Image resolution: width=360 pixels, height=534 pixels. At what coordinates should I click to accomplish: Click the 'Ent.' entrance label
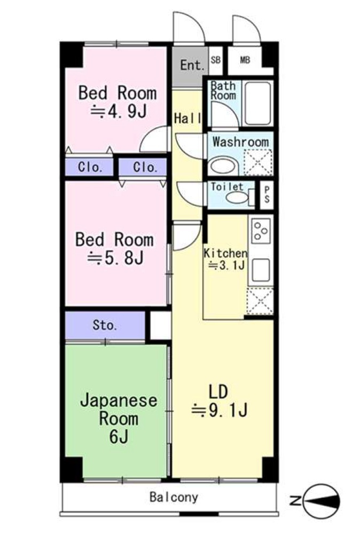pos(192,66)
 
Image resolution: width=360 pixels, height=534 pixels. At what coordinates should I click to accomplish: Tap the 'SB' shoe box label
pos(216,60)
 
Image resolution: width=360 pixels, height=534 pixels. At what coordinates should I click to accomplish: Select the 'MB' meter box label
pos(245,60)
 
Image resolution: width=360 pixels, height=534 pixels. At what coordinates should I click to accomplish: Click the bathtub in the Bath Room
pos(258,103)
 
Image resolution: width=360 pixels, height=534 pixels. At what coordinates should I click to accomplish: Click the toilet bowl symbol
pos(237,198)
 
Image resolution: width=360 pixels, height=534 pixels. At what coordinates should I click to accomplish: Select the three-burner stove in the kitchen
pos(261,230)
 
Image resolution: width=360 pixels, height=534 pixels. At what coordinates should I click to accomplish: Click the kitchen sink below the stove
pos(261,270)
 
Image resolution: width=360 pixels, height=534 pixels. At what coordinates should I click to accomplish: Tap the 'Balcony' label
pos(174,498)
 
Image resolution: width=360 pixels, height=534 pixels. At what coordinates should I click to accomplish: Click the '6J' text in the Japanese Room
pos(119,437)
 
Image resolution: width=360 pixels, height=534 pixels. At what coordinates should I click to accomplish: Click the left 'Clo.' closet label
pos(90,167)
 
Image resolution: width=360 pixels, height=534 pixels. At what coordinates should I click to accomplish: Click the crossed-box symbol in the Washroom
pos(258,162)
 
